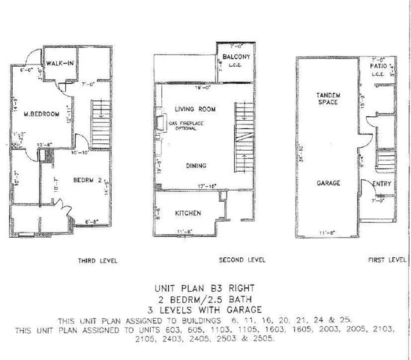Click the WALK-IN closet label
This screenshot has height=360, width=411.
point(59,62)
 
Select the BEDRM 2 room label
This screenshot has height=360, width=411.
point(87,181)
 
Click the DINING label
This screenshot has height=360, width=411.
point(196,166)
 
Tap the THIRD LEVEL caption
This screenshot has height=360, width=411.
point(96,260)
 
